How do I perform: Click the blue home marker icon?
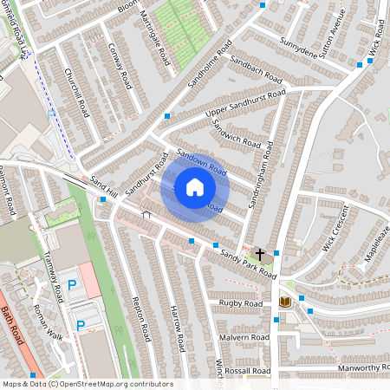click(195, 187)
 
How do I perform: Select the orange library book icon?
click(283, 302)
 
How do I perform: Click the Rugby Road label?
click(240, 304)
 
